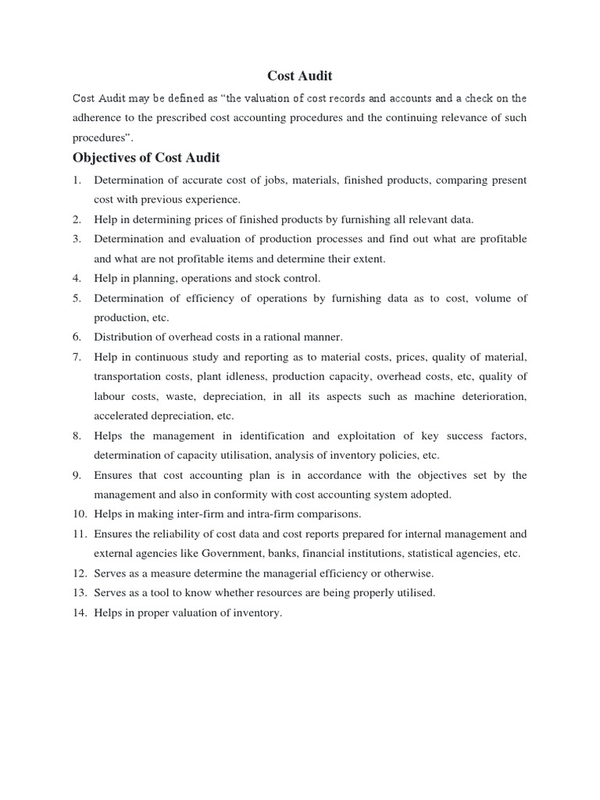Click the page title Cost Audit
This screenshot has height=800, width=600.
pos(300,76)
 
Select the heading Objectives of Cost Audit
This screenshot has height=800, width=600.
pos(146,158)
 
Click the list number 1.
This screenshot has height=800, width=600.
pos(77,180)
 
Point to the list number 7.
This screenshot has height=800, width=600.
pos(77,357)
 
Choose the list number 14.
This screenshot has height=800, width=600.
pos(79,613)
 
